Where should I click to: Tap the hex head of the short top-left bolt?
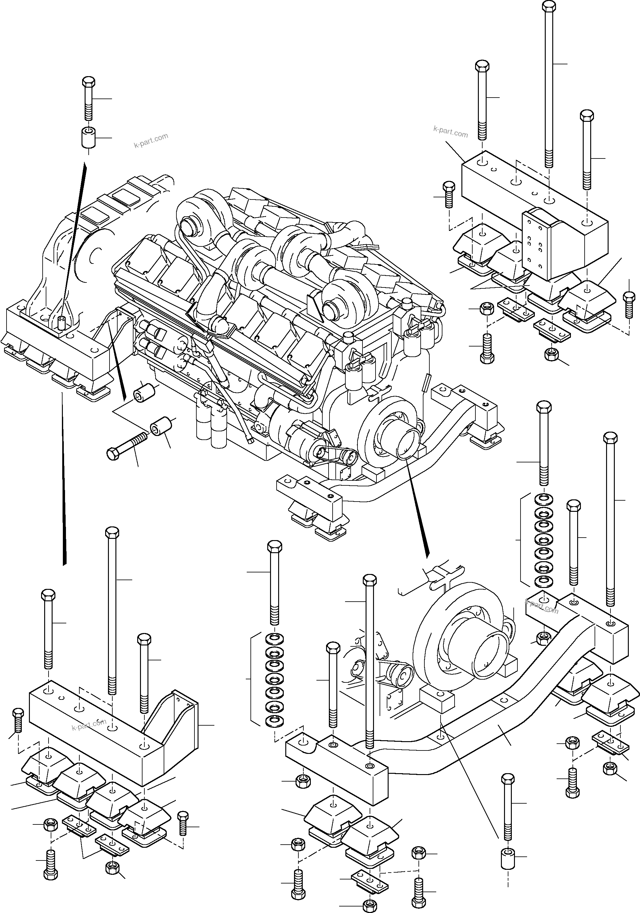tap(88, 82)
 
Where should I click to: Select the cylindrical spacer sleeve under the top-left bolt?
tap(88, 137)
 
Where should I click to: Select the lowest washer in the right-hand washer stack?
tap(543, 581)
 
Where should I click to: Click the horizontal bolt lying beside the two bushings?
tap(127, 445)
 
